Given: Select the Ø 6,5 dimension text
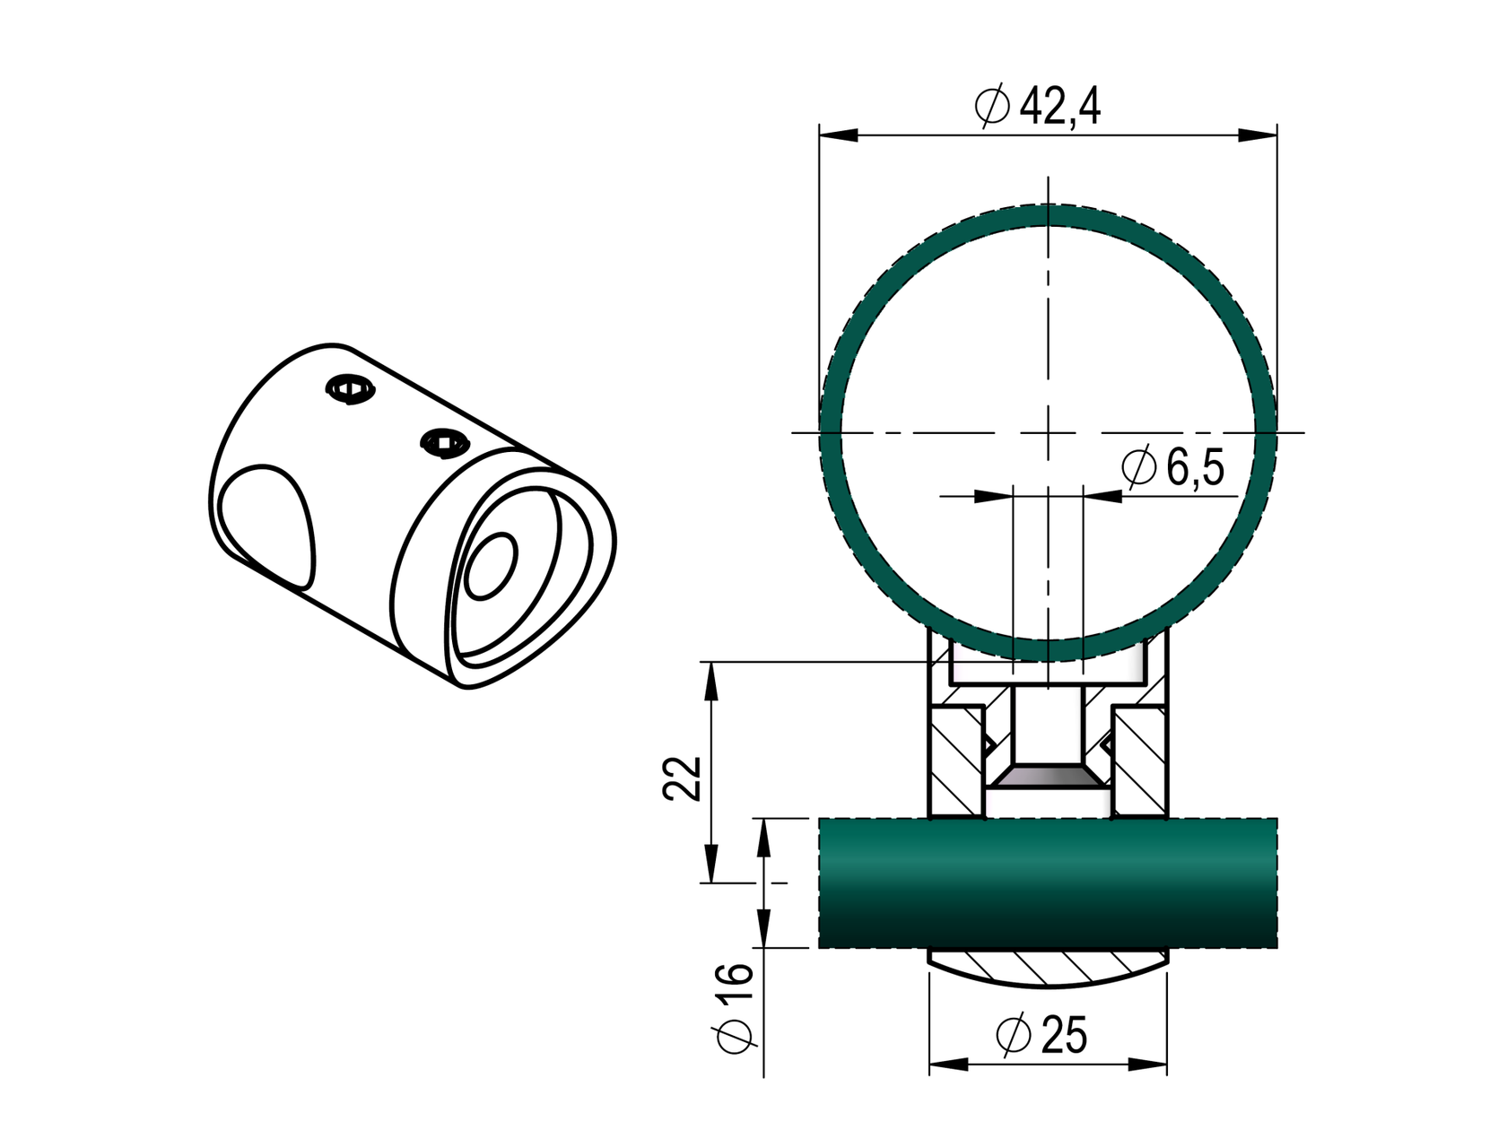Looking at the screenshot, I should [x=1172, y=468].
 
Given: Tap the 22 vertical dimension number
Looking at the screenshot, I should [x=683, y=778].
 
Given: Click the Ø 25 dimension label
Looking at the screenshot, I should [x=1041, y=1036].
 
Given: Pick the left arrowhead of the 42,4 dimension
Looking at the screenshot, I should [x=838, y=135].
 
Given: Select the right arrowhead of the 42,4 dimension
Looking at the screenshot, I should [x=1258, y=135].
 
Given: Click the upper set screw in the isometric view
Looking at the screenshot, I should [x=350, y=390].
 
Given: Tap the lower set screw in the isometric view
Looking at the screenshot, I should [x=445, y=442].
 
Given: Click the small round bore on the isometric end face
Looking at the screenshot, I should [x=492, y=566].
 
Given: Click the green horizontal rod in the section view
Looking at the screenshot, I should [x=1048, y=883].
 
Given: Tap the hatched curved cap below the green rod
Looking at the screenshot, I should [x=1048, y=969].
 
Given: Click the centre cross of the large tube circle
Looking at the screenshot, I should [x=1048, y=433].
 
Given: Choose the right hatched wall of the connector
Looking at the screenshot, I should [x=1140, y=762].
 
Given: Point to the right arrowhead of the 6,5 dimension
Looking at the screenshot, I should [x=1102, y=495].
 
